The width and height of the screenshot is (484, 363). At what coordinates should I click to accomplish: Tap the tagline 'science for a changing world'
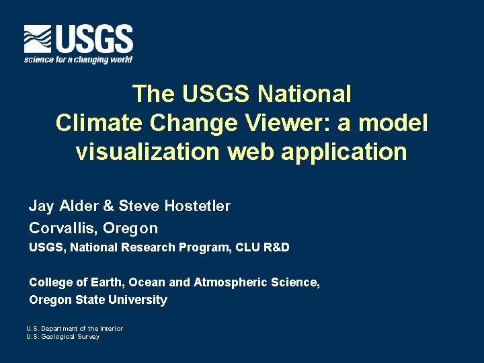tap(79, 59)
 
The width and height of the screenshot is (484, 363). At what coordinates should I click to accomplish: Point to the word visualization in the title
tap(147, 152)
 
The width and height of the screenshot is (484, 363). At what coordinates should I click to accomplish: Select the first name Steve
tap(138, 206)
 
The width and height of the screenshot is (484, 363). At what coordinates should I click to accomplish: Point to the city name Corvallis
tap(64, 228)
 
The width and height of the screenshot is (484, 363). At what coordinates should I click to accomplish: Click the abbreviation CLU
tap(247, 247)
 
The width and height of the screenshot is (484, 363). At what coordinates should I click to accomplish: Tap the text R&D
tap(276, 247)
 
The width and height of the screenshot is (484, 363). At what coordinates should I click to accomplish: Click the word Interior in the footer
tap(110, 328)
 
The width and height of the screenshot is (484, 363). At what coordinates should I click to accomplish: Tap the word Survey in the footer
tap(89, 337)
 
